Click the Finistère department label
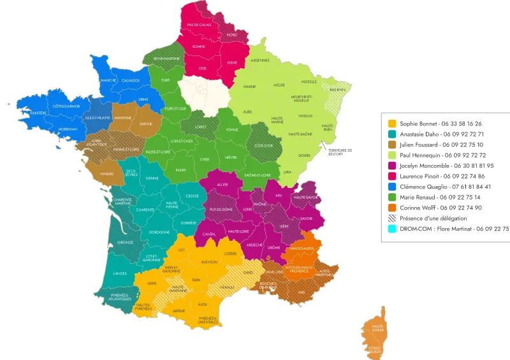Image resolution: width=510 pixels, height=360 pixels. click(38, 113)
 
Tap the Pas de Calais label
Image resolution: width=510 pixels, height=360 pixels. click(199, 25)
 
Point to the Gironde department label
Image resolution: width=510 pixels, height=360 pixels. click(125, 242)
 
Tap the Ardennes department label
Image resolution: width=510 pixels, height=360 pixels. click(260, 61)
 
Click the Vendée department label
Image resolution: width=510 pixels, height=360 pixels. click(106, 173)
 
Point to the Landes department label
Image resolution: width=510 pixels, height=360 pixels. click(120, 273)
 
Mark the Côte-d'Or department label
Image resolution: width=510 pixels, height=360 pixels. click(264, 146)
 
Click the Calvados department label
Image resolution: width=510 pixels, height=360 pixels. click(130, 80)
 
